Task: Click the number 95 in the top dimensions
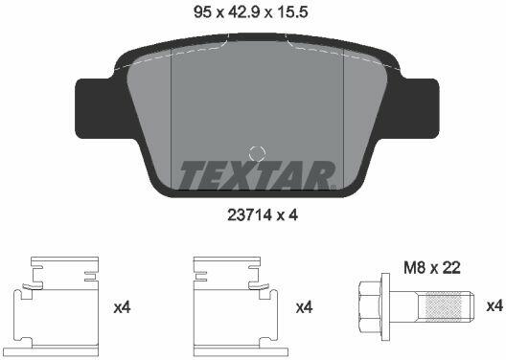(202, 12)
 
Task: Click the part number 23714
(250, 215)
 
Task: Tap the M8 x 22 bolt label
(432, 267)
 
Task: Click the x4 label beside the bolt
(494, 305)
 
